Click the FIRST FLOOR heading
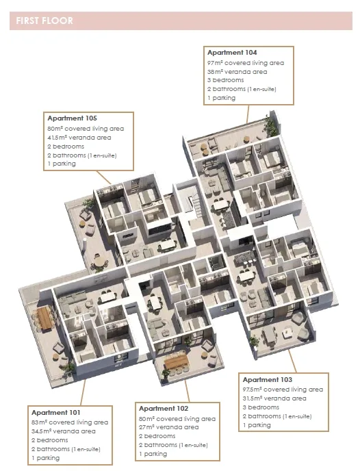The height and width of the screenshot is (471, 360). (44, 21)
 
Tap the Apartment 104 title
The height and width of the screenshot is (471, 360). (232, 53)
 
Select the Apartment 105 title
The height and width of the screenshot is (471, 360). (72, 118)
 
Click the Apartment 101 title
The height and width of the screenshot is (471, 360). (56, 412)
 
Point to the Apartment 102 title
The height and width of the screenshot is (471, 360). (164, 409)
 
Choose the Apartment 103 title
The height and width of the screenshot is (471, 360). (268, 380)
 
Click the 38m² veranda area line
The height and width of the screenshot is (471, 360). (237, 72)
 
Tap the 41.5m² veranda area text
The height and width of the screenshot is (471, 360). (79, 138)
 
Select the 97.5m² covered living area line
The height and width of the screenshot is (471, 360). (283, 390)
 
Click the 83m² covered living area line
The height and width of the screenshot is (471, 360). (70, 422)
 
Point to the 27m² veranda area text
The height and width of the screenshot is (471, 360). (169, 427)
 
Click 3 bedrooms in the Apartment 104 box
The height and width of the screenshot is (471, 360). (225, 80)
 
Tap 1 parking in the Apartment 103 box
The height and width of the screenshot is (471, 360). (257, 425)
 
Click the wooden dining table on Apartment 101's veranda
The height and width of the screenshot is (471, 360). (45, 318)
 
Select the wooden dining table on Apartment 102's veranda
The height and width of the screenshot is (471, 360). (177, 361)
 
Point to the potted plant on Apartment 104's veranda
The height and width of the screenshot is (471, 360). (270, 125)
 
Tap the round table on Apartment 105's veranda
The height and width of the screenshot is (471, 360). (100, 262)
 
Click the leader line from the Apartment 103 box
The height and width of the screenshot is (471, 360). (292, 361)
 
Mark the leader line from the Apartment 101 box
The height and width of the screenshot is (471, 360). (83, 392)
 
